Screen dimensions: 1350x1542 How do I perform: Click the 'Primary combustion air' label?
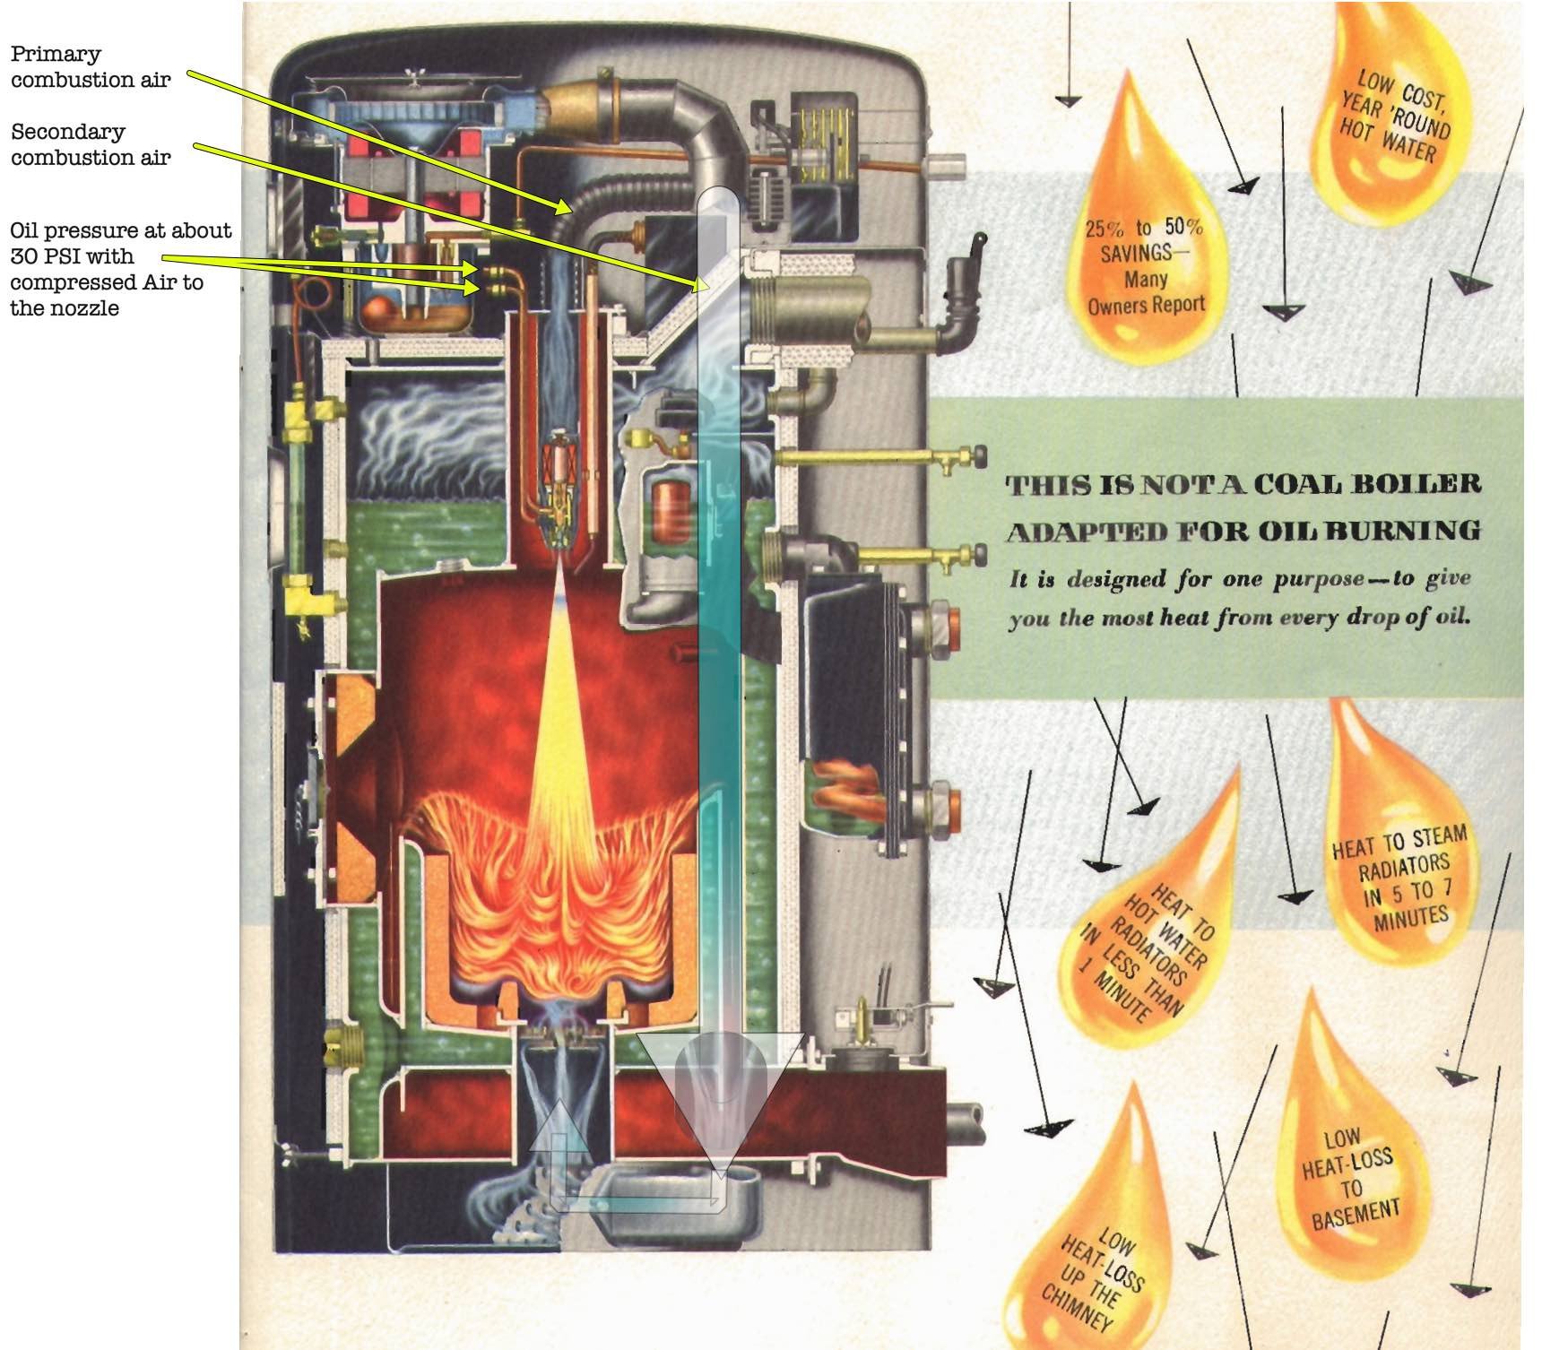click(x=90, y=67)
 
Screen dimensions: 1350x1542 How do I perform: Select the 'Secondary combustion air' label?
click(x=90, y=144)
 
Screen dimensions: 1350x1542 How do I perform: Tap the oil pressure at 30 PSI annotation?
click(x=119, y=269)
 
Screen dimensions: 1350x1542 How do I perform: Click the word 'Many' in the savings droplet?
click(x=1145, y=280)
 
